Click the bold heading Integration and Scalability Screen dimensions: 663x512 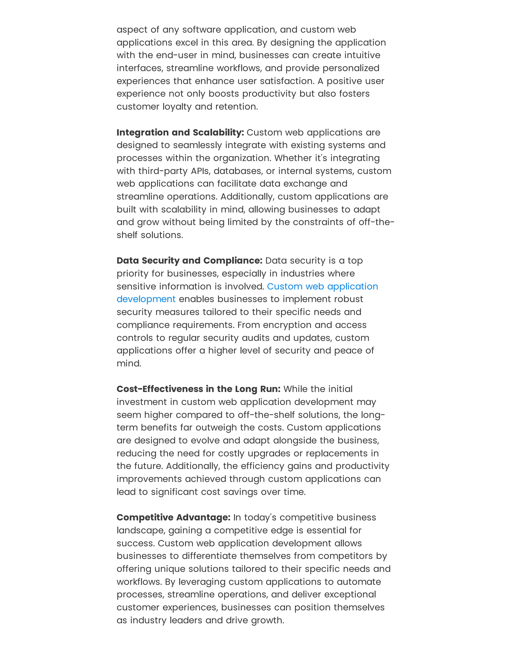tap(180, 132)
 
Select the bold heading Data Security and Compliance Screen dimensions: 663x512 tap(189, 260)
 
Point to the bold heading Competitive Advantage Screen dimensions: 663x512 tap(173, 517)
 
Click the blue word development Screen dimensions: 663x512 tap(146, 299)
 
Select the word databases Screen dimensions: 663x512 tap(237, 171)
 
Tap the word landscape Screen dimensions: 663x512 tap(141, 530)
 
